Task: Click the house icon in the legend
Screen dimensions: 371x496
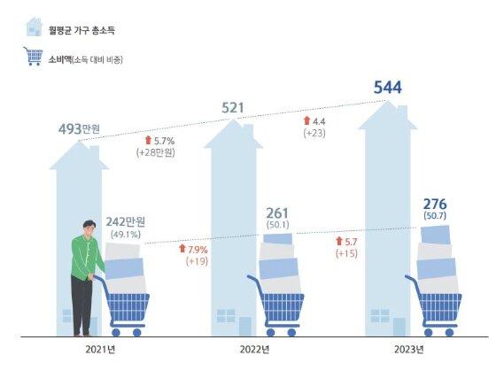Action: (35, 27)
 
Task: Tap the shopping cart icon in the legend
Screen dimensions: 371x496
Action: (35, 58)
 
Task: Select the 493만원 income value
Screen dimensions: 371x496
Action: (79, 130)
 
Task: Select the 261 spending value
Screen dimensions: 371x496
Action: (278, 213)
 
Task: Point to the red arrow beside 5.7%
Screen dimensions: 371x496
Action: (147, 140)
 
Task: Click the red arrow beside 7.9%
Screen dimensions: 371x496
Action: (181, 250)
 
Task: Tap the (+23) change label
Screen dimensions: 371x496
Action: (315, 133)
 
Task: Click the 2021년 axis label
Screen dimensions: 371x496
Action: (100, 350)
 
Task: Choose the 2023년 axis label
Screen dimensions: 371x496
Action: (411, 350)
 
